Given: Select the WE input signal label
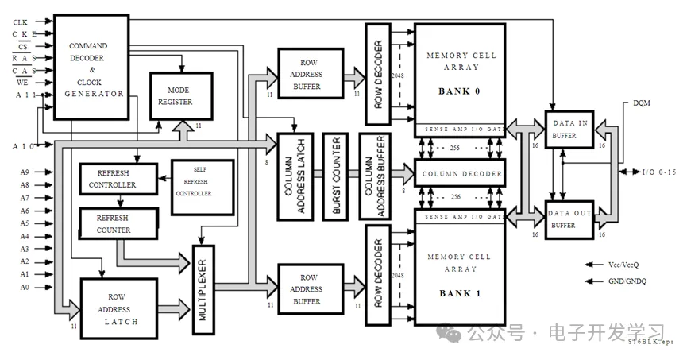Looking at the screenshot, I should [23, 82].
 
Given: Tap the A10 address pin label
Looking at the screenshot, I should [21, 145].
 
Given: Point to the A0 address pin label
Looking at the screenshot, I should [25, 287].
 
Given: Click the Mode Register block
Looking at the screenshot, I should [181, 96].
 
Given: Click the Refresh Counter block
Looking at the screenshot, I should [116, 223].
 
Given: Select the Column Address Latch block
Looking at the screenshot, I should [295, 176].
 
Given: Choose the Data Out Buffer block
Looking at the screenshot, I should [570, 219].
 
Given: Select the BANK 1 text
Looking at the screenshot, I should [460, 293].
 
